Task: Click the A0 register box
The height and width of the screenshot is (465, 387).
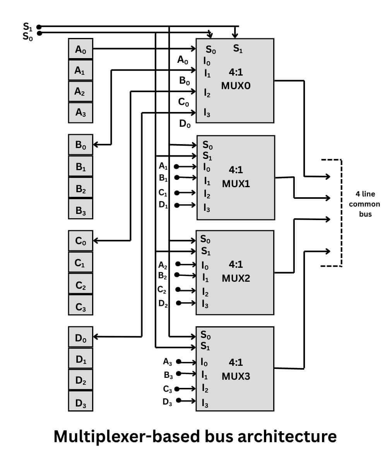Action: pos(80,49)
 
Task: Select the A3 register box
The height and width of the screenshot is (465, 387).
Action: pos(80,113)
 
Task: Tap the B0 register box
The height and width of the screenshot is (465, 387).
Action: pos(80,145)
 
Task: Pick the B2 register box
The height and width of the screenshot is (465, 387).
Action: pos(80,188)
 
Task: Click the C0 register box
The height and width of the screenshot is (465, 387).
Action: pos(80,241)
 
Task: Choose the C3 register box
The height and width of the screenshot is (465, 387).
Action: pos(80,307)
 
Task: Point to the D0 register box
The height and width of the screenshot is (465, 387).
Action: pos(80,338)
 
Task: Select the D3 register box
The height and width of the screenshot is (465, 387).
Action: pos(80,403)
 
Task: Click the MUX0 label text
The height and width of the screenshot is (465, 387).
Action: pos(236,86)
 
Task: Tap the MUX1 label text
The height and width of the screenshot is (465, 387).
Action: pos(236,184)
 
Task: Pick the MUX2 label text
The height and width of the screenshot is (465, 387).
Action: pos(236,278)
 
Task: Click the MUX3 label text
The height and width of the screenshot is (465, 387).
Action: pos(236,376)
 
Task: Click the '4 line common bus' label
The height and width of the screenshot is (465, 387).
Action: pos(364,204)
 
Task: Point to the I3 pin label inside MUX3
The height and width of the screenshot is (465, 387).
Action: pos(205,403)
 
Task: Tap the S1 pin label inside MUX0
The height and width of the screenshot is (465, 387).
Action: pos(238,49)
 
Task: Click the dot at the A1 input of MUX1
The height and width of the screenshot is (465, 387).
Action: pos(176,167)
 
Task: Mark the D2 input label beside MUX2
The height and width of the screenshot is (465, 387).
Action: pos(163,303)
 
